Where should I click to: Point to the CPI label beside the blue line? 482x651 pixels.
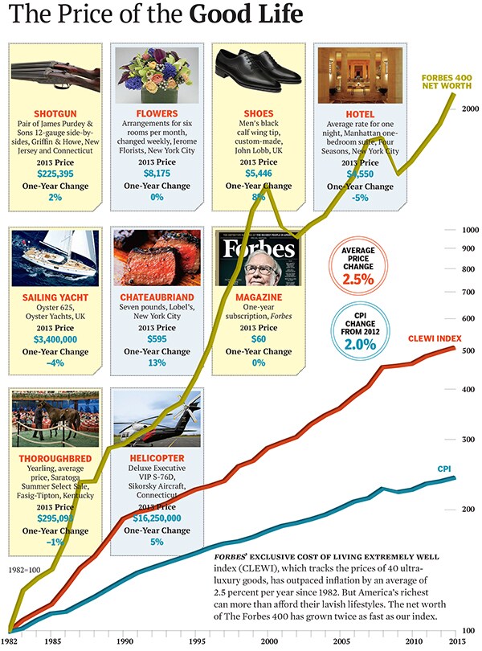pyautogui.click(x=444, y=468)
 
